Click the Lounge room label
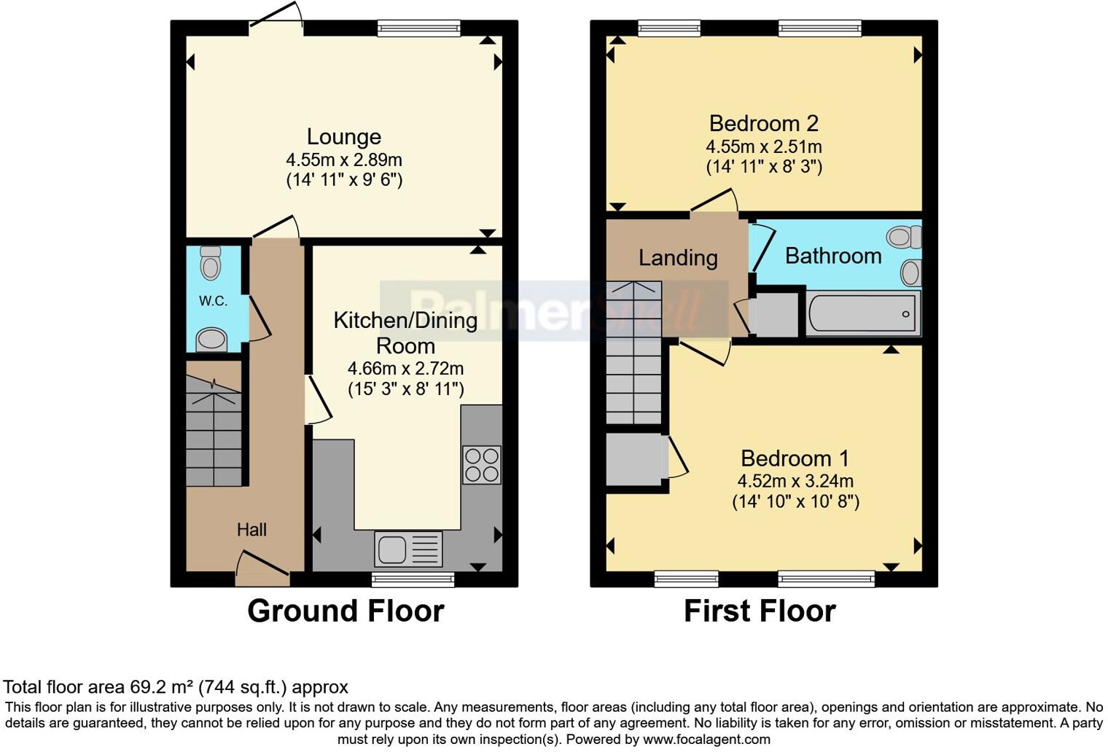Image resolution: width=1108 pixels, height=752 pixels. tap(343, 137)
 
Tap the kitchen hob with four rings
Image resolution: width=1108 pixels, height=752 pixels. tap(482, 465)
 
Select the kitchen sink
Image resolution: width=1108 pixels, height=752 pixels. tap(407, 549)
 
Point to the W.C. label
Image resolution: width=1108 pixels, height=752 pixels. tap(213, 301)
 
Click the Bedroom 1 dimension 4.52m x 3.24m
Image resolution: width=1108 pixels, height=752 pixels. tap(795, 481)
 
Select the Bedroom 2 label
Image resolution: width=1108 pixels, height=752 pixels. tap(763, 123)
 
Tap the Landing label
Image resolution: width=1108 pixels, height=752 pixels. tap(678, 258)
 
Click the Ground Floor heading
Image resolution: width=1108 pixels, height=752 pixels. tap(346, 611)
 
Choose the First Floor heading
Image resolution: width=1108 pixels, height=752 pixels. tap(760, 611)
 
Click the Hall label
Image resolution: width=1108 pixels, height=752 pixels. tap(251, 530)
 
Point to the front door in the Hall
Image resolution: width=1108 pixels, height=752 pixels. tap(262, 570)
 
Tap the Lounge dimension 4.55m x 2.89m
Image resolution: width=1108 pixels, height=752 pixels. tap(343, 160)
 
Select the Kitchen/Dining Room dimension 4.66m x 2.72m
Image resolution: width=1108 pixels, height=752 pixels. tap(405, 369)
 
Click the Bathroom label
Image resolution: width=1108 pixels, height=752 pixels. tap(833, 256)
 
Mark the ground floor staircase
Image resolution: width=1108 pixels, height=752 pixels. tap(214, 431)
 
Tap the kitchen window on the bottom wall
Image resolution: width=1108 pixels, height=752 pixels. tap(413, 579)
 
